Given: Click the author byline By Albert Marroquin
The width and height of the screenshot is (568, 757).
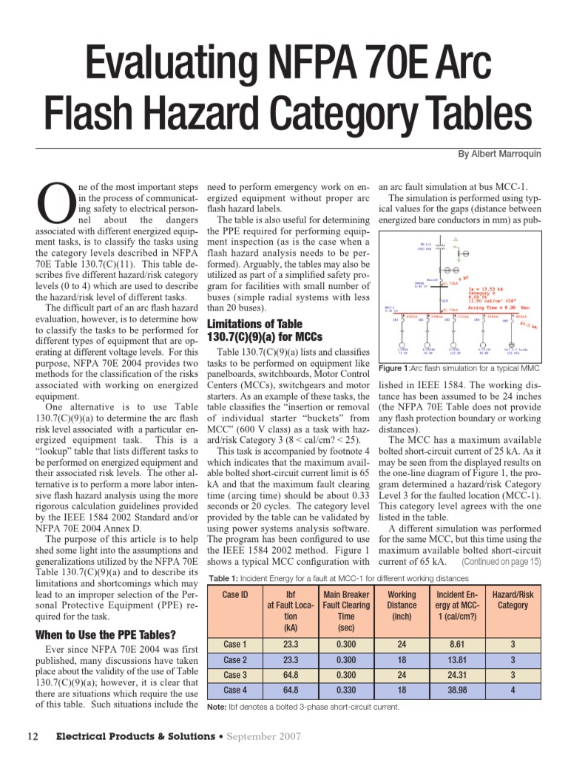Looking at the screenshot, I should point(499,154).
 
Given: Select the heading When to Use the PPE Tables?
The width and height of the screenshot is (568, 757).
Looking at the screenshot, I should point(106,635).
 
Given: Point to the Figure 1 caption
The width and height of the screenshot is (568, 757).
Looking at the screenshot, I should point(459,368).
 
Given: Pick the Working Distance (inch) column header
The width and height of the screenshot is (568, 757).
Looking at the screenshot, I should point(402,605).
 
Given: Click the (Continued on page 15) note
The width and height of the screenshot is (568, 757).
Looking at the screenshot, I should point(501,561).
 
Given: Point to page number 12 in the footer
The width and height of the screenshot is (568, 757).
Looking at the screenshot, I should point(33,736).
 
